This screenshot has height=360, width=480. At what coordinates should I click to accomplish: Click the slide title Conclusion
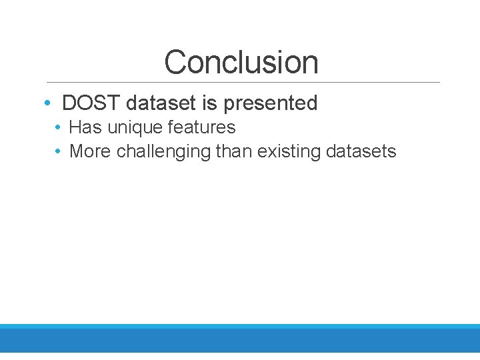pos(241,62)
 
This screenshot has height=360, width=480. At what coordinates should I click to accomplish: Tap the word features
pos(201,127)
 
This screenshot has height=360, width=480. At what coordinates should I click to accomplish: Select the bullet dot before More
pos(59,152)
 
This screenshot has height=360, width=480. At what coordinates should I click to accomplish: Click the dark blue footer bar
pos(240,341)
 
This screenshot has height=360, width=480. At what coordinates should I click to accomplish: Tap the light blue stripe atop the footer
pos(240,326)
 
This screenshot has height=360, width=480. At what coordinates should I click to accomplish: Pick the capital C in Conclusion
pos(175,62)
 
